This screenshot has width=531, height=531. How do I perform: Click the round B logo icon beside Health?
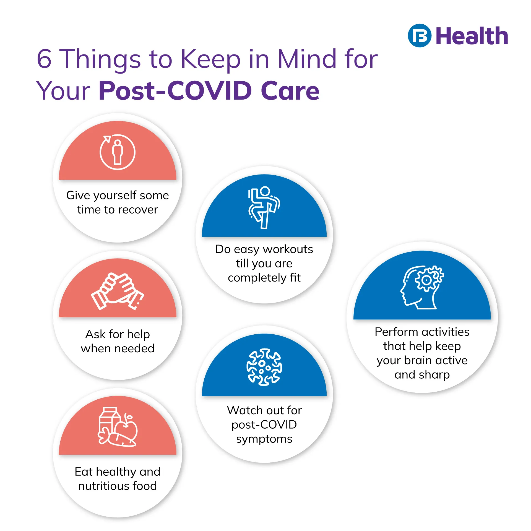[419, 36]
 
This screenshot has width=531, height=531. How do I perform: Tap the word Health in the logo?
[472, 36]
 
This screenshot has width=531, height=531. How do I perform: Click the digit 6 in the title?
[44, 59]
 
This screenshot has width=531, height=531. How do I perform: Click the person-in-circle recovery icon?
[118, 152]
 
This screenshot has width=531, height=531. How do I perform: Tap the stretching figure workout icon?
[264, 207]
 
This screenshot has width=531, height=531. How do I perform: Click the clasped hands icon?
[118, 291]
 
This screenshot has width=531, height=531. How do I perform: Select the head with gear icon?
[422, 287]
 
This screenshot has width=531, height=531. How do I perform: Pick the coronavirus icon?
[264, 367]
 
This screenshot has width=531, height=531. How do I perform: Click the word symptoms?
[264, 439]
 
